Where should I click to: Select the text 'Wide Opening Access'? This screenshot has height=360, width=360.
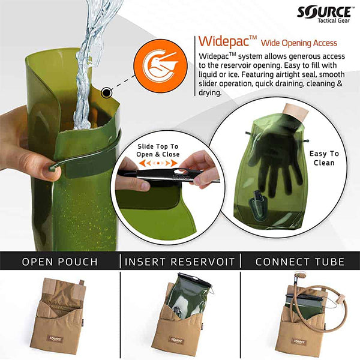(303, 43)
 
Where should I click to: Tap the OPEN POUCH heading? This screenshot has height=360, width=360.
(59, 262)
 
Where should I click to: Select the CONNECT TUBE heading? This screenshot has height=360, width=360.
(300, 262)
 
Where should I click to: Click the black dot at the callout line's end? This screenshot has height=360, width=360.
(107, 92)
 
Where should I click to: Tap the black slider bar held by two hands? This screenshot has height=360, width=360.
(168, 175)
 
